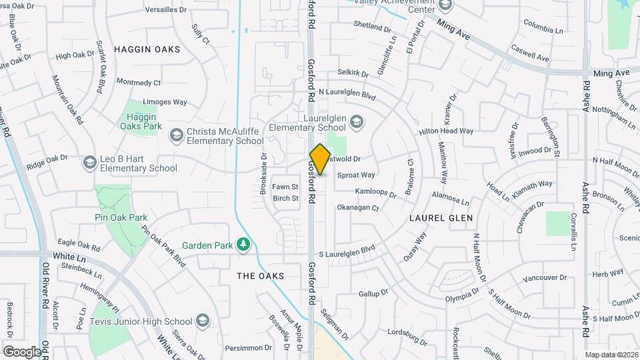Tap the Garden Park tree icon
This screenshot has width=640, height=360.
tap(244, 245)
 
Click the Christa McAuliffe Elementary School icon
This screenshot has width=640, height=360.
tap(176, 136)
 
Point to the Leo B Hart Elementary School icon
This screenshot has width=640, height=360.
tap(89, 163)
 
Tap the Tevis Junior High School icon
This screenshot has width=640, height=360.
tap(201, 322)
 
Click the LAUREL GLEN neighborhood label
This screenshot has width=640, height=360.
tap(441, 218)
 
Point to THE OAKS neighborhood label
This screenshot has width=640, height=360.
tap(261, 276)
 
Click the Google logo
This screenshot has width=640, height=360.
tap(21, 351)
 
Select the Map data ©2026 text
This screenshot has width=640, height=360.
tap(611, 355)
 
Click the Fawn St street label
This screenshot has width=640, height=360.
tap(285, 187)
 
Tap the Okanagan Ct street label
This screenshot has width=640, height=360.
tap(357, 208)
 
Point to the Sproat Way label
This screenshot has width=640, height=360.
tap(356, 175)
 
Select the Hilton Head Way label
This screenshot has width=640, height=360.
tap(446, 132)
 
